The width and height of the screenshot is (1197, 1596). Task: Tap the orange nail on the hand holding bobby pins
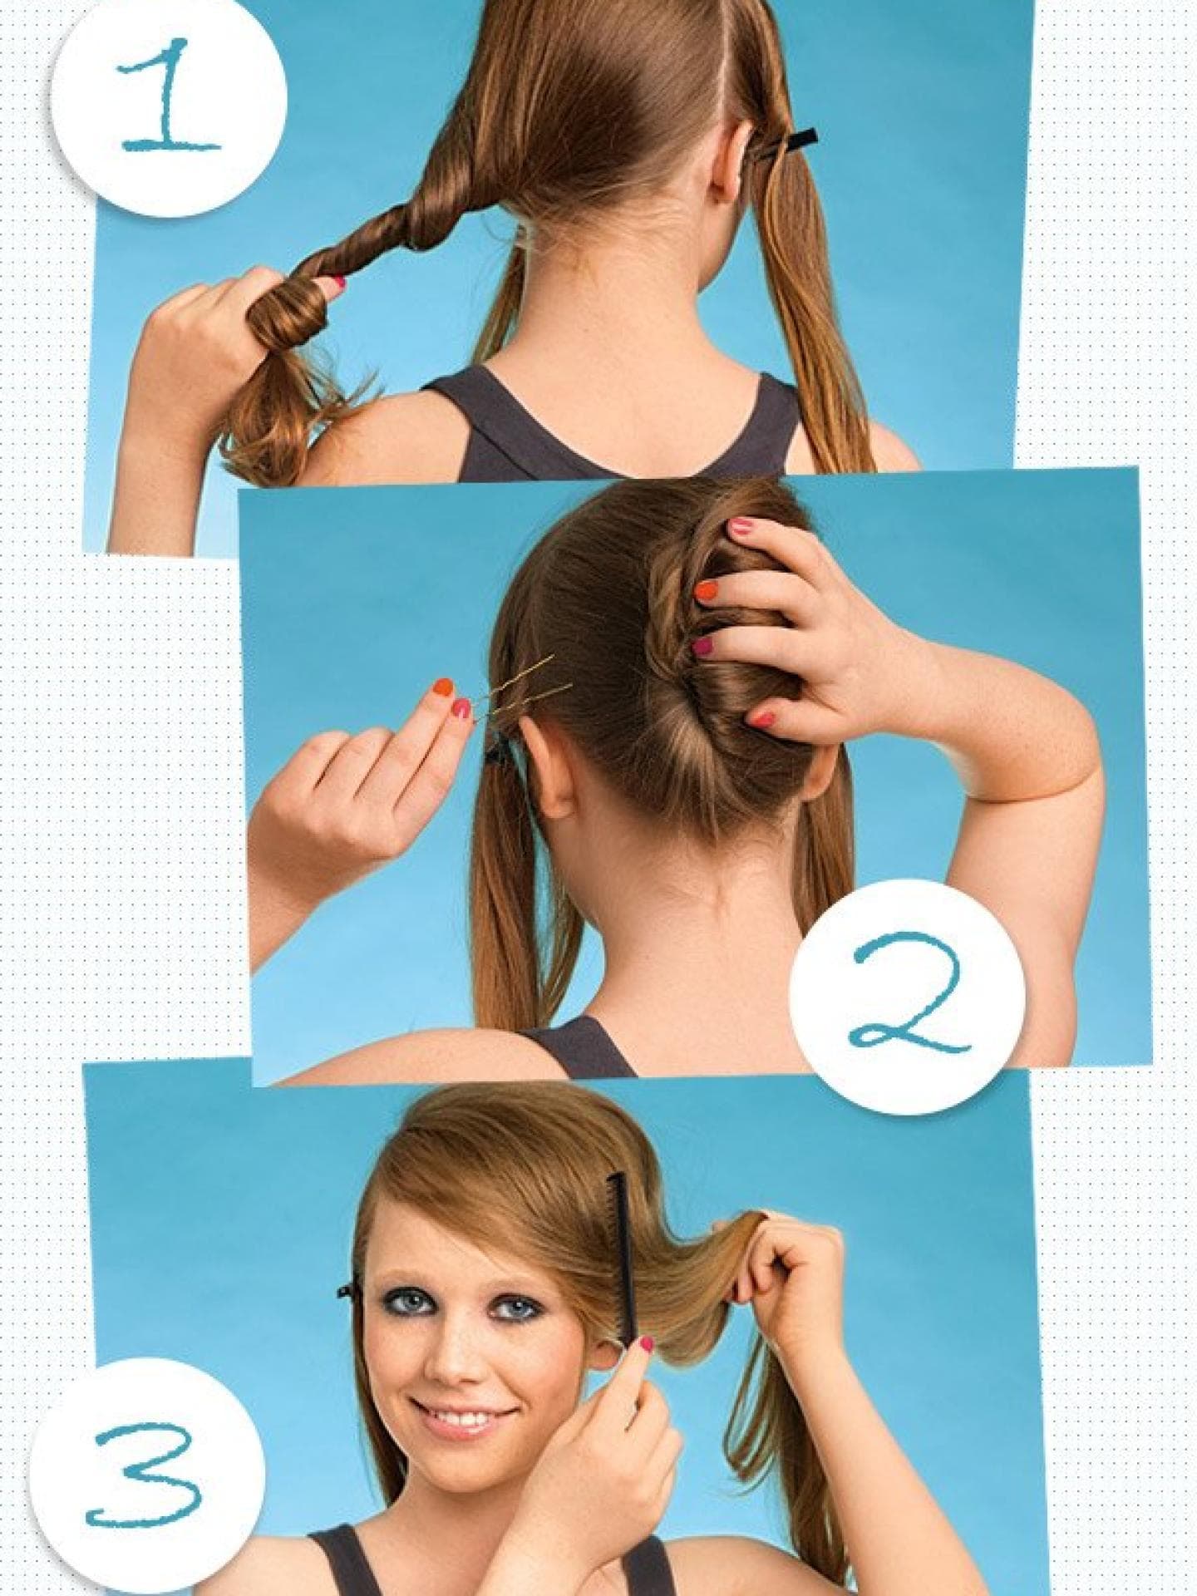(443, 687)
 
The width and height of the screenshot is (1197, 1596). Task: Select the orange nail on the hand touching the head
(706, 590)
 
